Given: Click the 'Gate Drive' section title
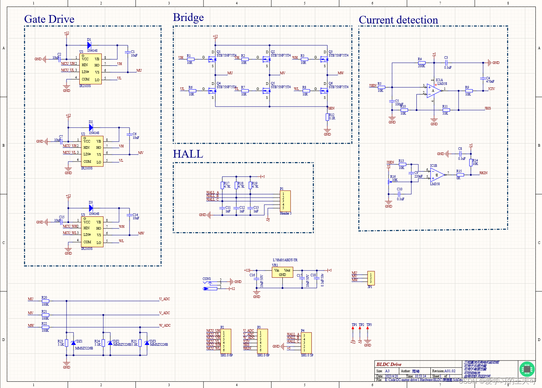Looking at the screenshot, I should [49, 19].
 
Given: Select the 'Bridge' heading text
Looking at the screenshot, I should [188, 17].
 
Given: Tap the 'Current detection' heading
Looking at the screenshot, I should [398, 20].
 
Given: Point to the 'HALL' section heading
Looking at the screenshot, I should [188, 154].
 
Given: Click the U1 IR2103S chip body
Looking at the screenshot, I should [91, 69].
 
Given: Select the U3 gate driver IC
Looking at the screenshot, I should [92, 232].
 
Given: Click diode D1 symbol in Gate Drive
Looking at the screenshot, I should [89, 45].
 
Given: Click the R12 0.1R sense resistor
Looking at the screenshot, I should [327, 117].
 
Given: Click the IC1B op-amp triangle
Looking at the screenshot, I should [437, 175].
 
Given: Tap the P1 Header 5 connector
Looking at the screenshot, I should [285, 201].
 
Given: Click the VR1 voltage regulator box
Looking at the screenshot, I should [282, 272].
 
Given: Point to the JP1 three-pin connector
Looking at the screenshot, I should [371, 278].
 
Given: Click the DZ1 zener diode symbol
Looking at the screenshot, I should [73, 343].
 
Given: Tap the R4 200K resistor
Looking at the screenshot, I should [422, 63].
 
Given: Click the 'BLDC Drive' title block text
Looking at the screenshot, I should [389, 364].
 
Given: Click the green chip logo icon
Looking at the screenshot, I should [527, 369].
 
